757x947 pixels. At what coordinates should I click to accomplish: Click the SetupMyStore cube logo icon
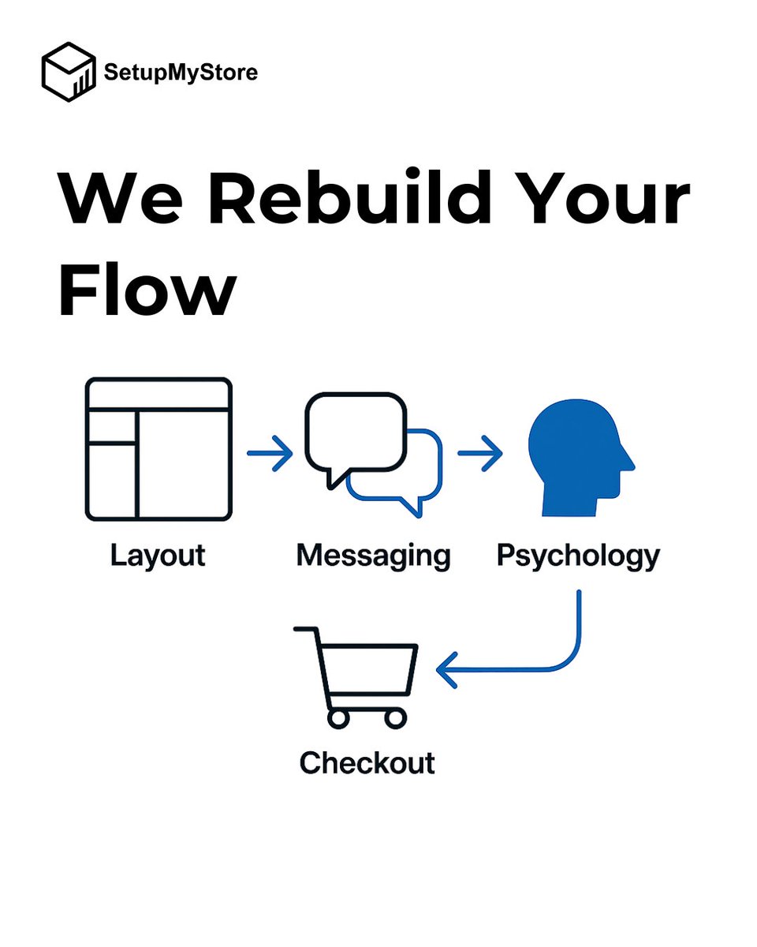(69, 73)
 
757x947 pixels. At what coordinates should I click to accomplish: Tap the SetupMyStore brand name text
(181, 73)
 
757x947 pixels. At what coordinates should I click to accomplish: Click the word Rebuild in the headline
(356, 200)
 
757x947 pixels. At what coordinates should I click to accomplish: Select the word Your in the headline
(604, 200)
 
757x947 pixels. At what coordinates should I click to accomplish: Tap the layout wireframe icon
(158, 449)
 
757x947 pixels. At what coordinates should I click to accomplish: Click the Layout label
(158, 556)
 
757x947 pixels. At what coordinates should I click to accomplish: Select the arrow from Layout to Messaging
(270, 454)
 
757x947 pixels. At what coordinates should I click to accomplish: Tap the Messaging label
(373, 556)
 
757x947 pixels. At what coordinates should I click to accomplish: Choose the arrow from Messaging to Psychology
(479, 454)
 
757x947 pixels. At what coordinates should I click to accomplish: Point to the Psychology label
(578, 556)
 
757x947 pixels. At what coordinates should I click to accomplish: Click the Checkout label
(367, 763)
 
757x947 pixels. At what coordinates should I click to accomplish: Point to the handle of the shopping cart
(306, 631)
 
